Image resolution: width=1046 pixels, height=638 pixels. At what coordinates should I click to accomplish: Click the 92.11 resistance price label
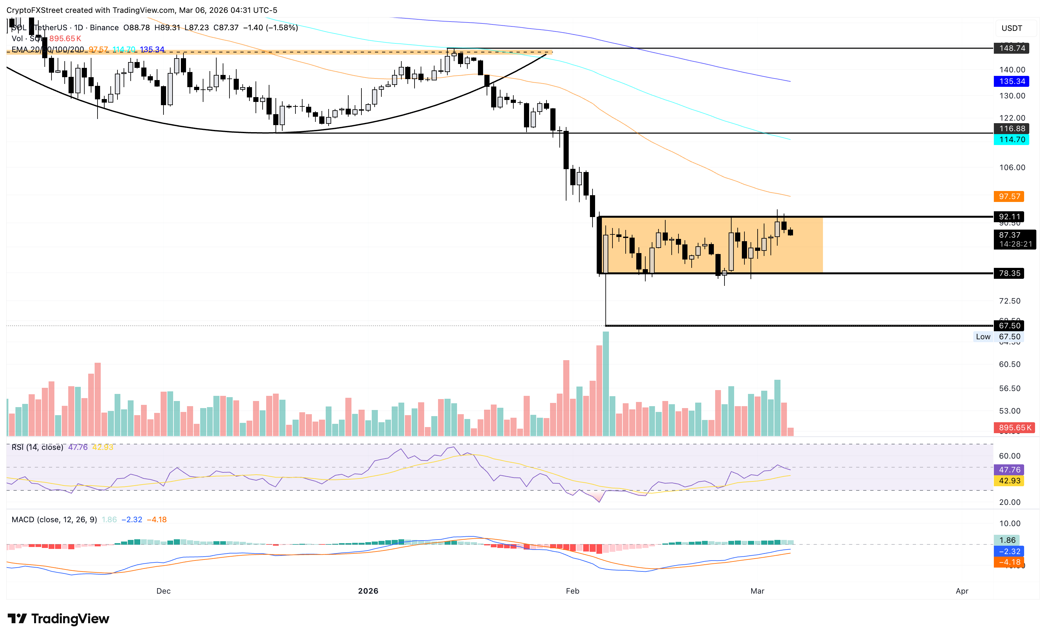tap(1009, 217)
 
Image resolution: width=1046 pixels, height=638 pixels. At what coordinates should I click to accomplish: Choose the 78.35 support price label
tap(1009, 273)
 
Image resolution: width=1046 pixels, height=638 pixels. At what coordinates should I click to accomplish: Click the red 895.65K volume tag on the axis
tap(1014, 428)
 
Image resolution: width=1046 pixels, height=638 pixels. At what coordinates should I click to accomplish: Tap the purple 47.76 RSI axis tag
tap(1009, 469)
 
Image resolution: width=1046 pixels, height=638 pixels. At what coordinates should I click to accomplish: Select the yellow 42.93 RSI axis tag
tap(1009, 481)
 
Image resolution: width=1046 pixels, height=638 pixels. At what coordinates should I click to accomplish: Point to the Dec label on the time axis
tap(163, 591)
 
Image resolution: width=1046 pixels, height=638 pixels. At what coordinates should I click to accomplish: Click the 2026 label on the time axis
tap(368, 591)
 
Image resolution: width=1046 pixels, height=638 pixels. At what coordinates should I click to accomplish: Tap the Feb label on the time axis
tap(572, 591)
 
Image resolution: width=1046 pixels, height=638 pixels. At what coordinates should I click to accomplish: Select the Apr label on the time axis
tap(962, 591)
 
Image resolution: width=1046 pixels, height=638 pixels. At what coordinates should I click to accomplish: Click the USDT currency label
tap(1012, 28)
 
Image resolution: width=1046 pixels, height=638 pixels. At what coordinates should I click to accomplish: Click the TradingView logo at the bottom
tap(59, 619)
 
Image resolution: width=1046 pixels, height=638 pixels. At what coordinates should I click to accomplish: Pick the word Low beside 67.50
tap(983, 337)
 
